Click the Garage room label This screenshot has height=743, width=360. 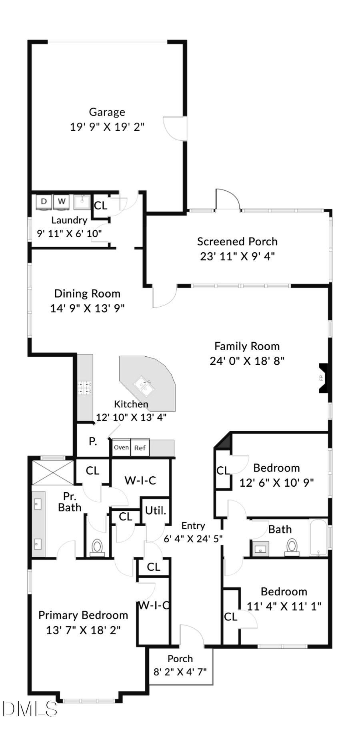point(107,112)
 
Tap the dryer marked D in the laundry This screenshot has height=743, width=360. point(44,202)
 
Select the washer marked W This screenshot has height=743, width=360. point(61,202)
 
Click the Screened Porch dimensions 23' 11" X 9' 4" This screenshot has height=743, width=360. point(237,256)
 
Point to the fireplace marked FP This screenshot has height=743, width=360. point(322,377)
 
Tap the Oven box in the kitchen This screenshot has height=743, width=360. point(121,447)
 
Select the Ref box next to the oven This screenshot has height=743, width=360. point(140,448)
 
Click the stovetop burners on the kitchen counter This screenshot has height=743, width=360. point(84,387)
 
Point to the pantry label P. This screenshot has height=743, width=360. point(93,442)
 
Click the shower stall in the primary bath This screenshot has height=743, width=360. point(53,473)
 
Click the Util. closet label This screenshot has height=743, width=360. point(156,511)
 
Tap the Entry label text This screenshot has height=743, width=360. point(193,526)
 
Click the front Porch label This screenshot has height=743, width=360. point(180,659)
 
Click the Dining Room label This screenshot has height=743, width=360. point(87,294)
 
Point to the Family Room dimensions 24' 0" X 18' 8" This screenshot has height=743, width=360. point(247,361)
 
